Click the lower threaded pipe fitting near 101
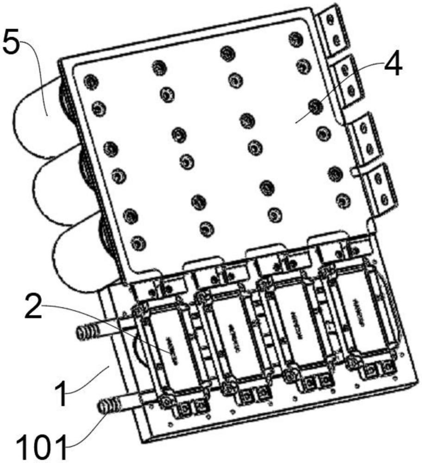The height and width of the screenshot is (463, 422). (107, 407)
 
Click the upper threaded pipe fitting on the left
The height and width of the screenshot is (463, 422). (88, 332)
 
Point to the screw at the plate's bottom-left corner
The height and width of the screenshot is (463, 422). (138, 242)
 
